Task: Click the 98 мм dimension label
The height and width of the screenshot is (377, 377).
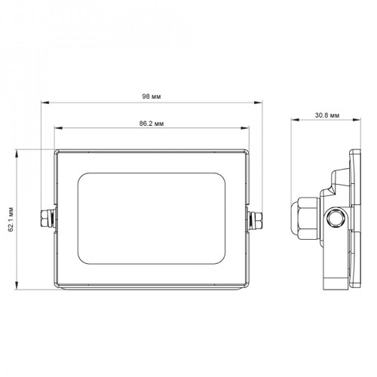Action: (152, 97)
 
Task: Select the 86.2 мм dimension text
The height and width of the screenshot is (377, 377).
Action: (152, 124)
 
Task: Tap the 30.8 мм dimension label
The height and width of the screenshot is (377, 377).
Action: (327, 115)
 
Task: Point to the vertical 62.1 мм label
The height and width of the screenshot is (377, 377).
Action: (11, 219)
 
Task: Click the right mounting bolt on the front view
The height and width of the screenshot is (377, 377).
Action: (256, 219)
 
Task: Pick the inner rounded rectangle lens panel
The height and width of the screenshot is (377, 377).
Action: (152, 219)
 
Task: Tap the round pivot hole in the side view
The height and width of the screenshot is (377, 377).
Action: (337, 218)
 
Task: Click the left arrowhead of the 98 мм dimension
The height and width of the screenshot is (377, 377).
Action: (44, 103)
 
